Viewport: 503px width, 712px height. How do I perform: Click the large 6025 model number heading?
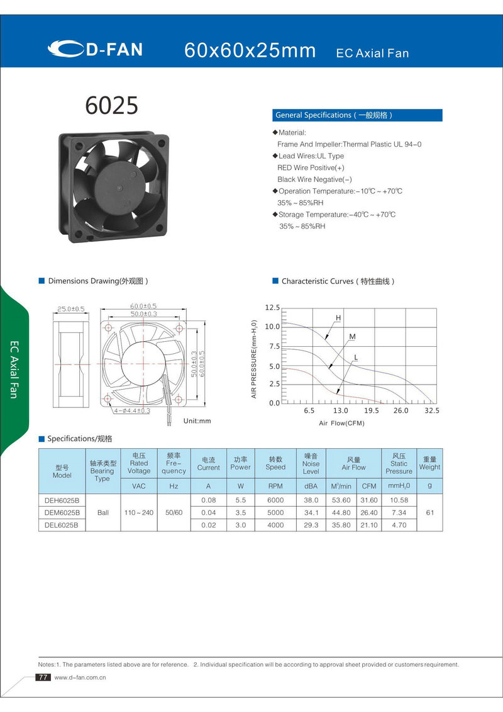(111, 105)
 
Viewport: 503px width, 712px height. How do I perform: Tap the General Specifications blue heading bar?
(357, 115)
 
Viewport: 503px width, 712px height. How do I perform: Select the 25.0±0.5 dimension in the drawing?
(70, 309)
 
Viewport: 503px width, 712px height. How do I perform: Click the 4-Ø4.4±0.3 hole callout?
(133, 410)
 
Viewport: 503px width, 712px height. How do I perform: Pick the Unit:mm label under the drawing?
(197, 421)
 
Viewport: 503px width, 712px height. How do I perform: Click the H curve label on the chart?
(338, 318)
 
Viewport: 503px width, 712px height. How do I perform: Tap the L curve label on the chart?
(356, 358)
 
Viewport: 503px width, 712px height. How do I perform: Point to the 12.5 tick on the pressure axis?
(272, 308)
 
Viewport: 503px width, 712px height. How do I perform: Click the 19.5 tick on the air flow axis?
(371, 410)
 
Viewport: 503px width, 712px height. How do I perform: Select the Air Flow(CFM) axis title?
(341, 423)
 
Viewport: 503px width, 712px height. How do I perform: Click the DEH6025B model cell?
(62, 500)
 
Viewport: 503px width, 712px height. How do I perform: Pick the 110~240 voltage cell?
(139, 512)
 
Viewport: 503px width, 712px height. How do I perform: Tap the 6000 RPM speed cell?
(275, 500)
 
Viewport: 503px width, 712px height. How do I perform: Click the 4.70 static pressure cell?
(399, 524)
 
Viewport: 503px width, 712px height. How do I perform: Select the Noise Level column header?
(311, 463)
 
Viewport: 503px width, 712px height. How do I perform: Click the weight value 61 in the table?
(429, 512)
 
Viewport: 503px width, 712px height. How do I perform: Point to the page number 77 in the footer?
(43, 677)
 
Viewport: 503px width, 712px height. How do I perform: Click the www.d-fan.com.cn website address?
(80, 678)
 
